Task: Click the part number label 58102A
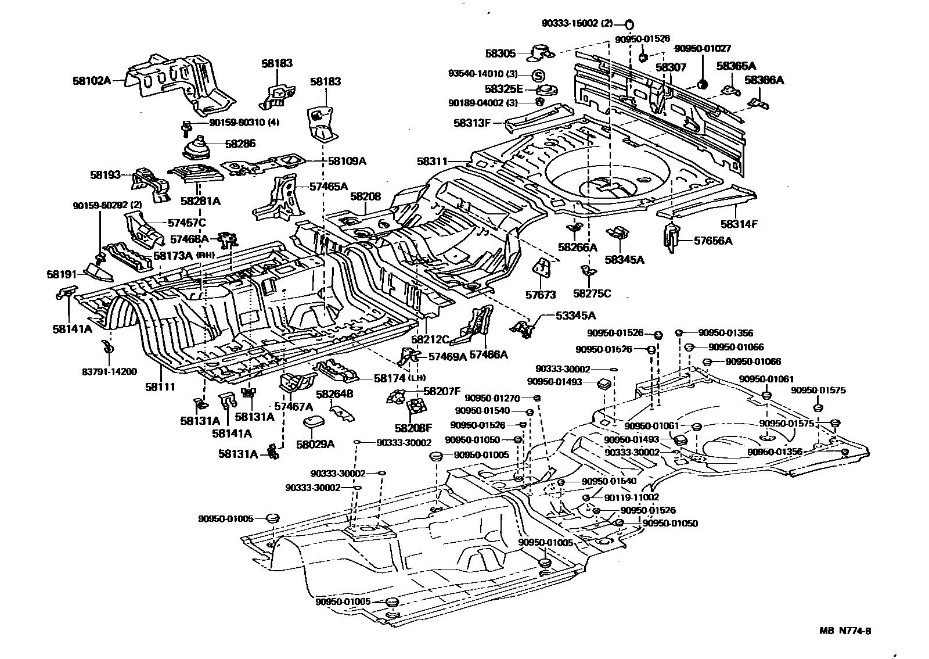coord(91,81)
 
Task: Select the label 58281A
coord(200,201)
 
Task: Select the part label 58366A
coord(764,80)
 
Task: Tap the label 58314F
coord(740,223)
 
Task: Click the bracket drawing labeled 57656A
coord(672,238)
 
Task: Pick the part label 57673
coord(541,295)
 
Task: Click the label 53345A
coord(575,316)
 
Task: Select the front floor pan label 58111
coord(160,387)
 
